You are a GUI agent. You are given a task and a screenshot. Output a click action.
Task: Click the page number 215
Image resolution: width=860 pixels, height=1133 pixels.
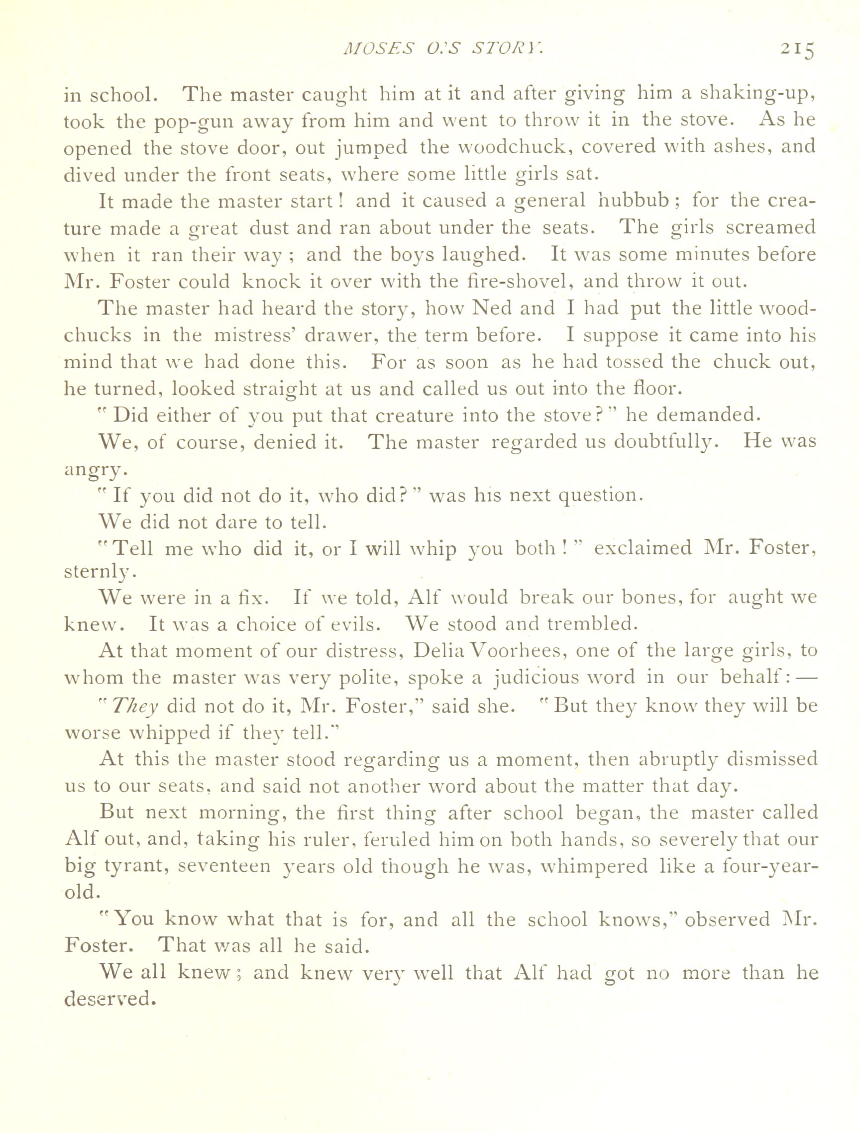tap(796, 50)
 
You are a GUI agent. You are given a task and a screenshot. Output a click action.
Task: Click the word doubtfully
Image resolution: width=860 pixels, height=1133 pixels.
tap(662, 441)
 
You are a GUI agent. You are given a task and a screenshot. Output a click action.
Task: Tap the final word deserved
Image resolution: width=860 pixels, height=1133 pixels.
tap(109, 999)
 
